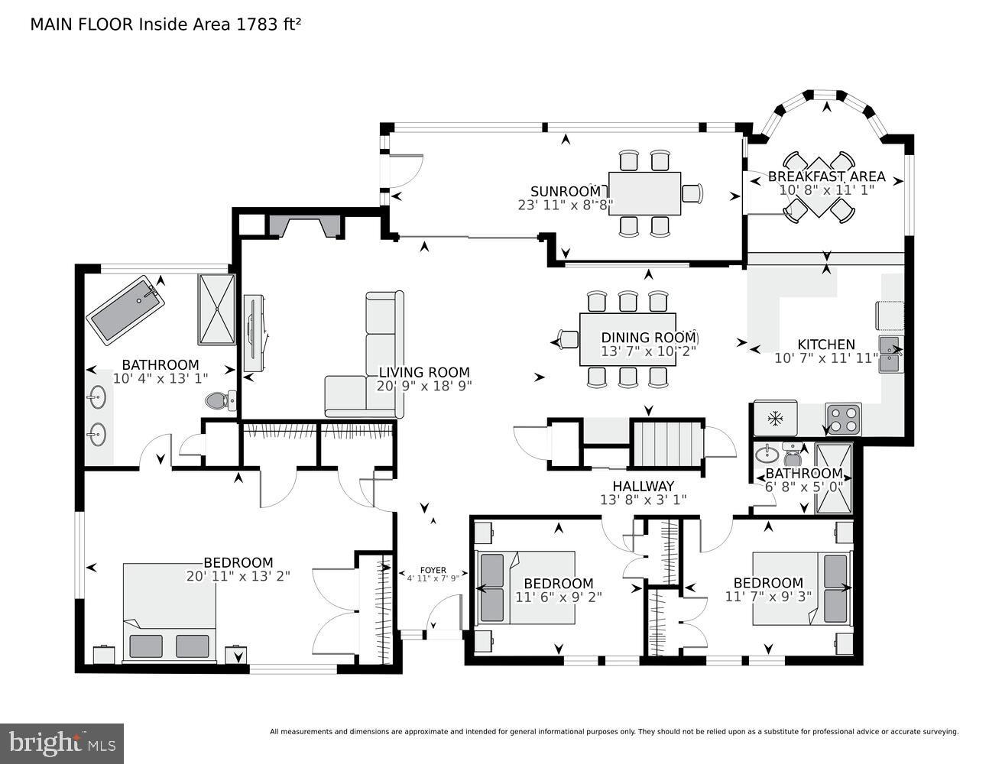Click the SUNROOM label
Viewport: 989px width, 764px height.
coord(566,191)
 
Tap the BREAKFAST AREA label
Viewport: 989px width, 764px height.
coord(826,176)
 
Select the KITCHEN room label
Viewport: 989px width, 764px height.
coord(825,345)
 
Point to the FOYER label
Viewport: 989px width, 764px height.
coord(433,570)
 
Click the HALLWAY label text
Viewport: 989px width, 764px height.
coord(643,486)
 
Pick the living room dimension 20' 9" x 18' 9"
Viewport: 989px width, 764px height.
coord(424,386)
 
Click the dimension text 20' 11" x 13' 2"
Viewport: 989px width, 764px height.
coord(238,576)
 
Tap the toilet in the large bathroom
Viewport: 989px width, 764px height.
coord(220,400)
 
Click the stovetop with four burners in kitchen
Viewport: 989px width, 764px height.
coord(843,419)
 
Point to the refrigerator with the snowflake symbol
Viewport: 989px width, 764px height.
coord(776,419)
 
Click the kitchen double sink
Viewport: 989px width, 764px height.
coord(890,353)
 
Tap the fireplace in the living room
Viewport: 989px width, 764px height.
coord(303,227)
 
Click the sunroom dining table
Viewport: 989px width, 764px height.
coord(644,193)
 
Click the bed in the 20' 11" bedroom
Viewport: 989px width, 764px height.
coord(169,611)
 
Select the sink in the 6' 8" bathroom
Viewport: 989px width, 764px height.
coord(766,456)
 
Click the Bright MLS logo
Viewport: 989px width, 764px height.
coord(63,742)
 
